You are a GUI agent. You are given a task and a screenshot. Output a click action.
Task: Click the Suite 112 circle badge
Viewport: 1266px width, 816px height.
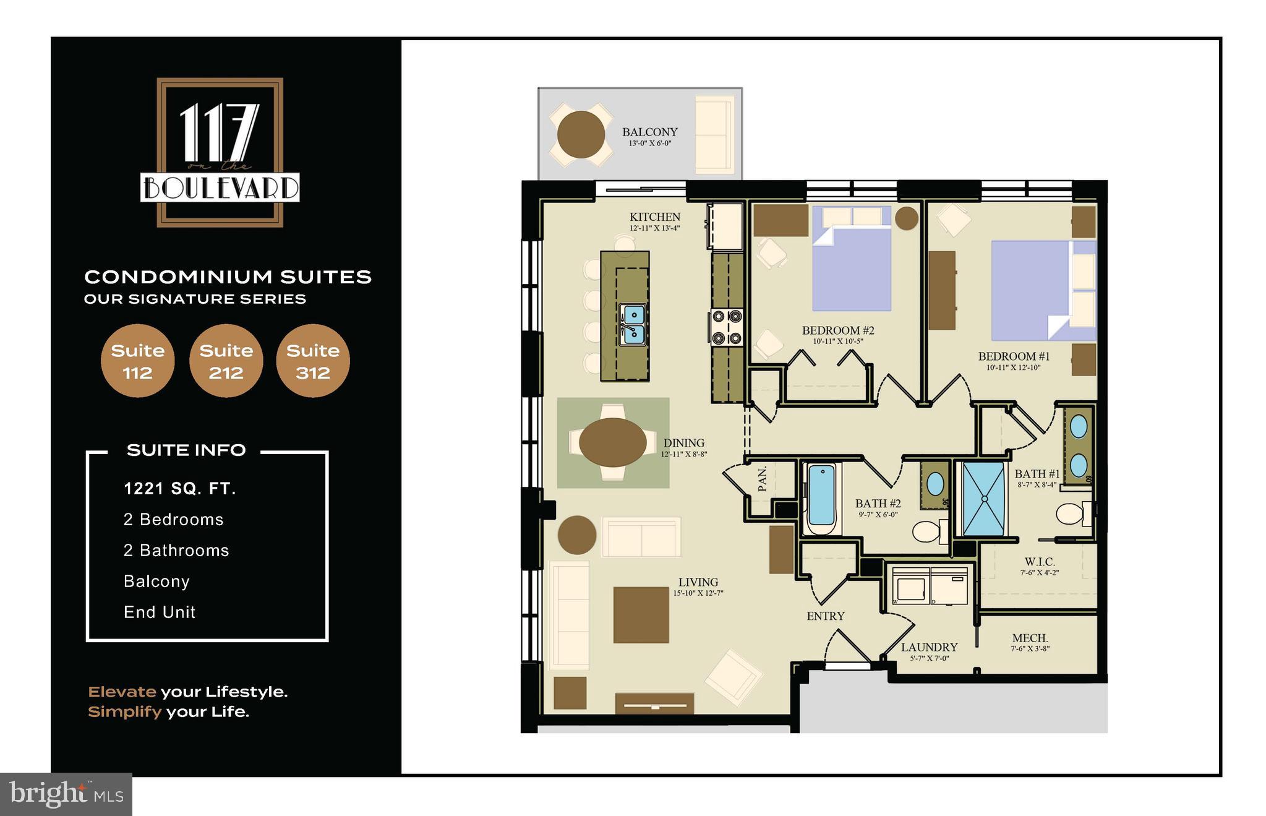[137, 361]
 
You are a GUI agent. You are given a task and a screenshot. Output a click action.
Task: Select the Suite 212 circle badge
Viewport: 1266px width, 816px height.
[226, 361]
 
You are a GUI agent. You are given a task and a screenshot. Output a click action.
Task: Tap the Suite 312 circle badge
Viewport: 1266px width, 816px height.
[313, 361]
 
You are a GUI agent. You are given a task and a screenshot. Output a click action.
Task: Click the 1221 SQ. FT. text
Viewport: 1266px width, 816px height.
[180, 489]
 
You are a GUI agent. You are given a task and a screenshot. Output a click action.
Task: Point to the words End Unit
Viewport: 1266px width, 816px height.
[160, 612]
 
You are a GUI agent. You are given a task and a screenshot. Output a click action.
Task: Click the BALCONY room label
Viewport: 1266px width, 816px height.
[649, 132]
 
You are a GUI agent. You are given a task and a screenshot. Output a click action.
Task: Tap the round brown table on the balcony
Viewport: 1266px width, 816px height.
[581, 134]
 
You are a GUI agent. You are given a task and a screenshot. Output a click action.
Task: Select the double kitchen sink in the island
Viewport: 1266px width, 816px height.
[633, 325]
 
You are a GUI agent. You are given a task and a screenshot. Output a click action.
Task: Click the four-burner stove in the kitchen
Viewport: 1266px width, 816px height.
[726, 327]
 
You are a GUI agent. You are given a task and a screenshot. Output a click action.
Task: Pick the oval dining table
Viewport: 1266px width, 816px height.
[612, 442]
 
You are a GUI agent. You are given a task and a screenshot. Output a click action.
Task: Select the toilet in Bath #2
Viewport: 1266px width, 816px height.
[928, 531]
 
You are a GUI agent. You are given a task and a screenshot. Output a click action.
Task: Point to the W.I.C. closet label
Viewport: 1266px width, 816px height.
[1040, 562]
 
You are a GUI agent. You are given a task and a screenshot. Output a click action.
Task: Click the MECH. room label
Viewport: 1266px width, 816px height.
[1030, 638]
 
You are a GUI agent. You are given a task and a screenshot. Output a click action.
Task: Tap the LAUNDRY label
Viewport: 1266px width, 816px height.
[929, 647]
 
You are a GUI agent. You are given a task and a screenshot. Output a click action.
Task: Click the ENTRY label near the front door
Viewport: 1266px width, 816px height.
[825, 616]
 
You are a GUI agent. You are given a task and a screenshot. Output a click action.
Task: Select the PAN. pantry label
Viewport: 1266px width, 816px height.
[762, 479]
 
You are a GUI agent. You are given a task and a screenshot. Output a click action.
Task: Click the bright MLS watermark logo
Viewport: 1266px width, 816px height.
[66, 794]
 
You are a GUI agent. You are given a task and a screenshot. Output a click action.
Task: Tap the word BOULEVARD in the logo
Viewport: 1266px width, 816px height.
[220, 187]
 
